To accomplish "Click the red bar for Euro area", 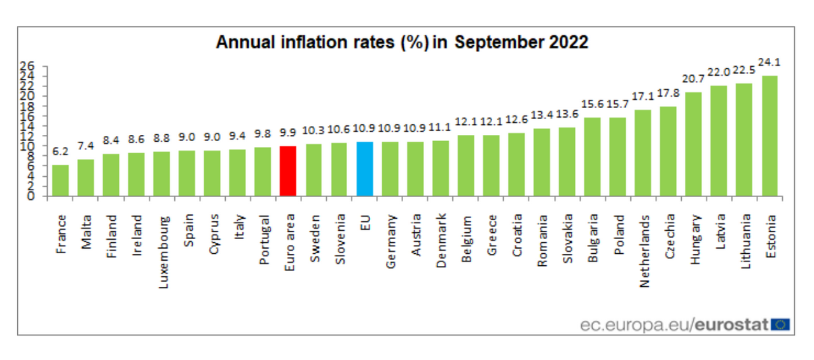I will click(x=288, y=171).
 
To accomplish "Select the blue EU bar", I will click(x=364, y=169).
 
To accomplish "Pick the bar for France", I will click(x=60, y=181).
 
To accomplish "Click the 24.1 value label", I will click(x=769, y=62).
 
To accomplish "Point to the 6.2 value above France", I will click(x=60, y=152).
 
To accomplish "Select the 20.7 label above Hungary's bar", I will click(x=693, y=80).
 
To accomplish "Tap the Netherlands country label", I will click(x=645, y=251).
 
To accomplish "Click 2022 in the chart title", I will click(x=568, y=42).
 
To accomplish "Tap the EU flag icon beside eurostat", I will click(x=780, y=325).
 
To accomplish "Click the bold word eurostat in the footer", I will click(x=732, y=325).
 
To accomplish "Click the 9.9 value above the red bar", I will click(x=288, y=133).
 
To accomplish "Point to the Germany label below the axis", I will click(x=391, y=244).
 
